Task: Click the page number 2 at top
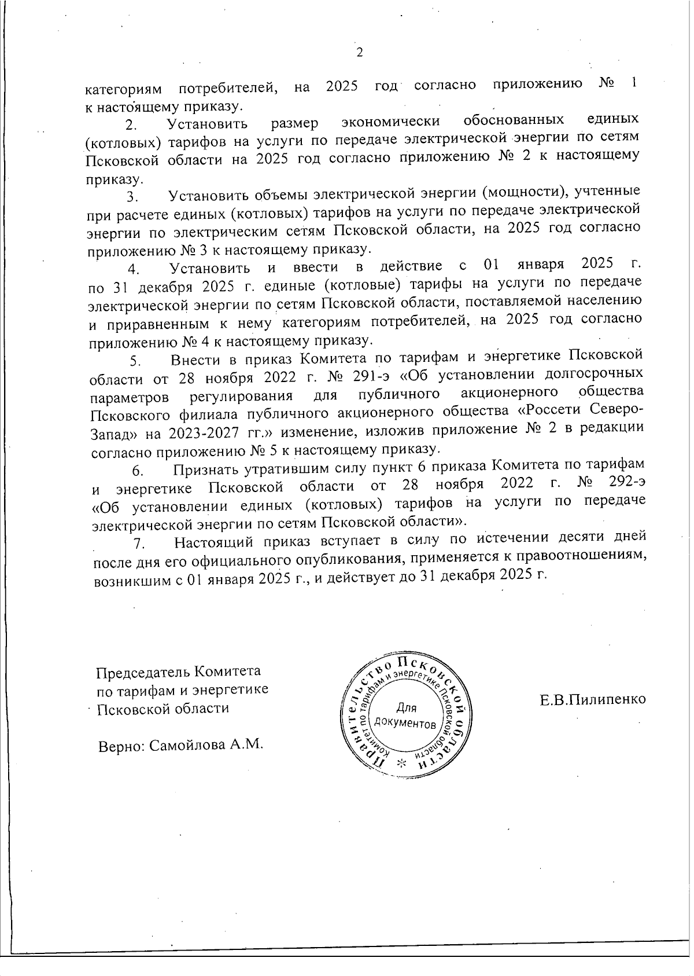tap(359, 53)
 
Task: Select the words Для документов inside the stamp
tap(405, 715)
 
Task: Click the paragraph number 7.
tap(138, 544)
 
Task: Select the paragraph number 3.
tap(131, 197)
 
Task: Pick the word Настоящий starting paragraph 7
tap(215, 542)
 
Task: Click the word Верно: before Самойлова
tap(120, 745)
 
